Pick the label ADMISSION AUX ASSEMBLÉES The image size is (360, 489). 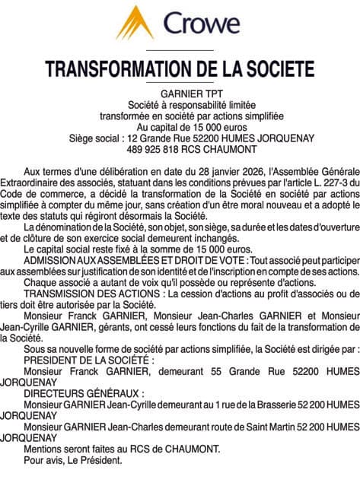92,260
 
